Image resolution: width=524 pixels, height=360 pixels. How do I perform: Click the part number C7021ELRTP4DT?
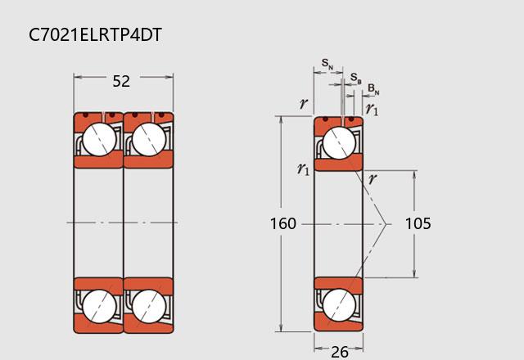point(95,34)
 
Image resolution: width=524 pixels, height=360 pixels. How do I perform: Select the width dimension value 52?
point(121,81)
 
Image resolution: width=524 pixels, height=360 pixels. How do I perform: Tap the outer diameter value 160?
point(283,223)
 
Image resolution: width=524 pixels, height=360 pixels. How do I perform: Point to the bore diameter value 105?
point(418,223)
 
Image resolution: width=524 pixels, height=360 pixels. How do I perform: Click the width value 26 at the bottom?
point(340,352)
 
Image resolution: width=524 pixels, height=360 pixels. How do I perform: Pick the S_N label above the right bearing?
point(327,63)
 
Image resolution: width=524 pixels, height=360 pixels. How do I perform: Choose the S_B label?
point(356,79)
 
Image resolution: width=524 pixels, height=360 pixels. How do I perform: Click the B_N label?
point(373,89)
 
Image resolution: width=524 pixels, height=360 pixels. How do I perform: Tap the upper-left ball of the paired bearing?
point(99,139)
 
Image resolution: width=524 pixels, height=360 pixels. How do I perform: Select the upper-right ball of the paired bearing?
point(149,139)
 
